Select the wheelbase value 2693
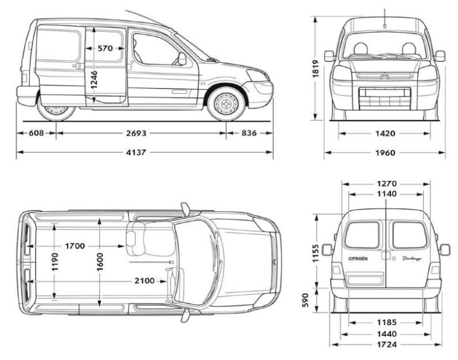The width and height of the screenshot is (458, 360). (136, 133)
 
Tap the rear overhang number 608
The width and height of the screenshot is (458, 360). (36, 133)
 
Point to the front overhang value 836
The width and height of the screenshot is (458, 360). (249, 133)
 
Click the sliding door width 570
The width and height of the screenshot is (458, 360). (106, 49)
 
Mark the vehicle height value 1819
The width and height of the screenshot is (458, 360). (316, 69)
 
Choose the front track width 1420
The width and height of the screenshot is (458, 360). (385, 133)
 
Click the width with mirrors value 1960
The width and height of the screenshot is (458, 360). (385, 153)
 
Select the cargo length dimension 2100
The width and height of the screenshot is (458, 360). (144, 281)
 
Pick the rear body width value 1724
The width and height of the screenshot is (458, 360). (386, 344)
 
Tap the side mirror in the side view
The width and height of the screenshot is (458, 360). (182, 59)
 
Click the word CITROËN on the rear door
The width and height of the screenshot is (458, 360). (359, 258)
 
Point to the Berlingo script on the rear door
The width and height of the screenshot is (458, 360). (413, 258)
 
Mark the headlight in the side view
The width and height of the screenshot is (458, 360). (257, 75)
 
